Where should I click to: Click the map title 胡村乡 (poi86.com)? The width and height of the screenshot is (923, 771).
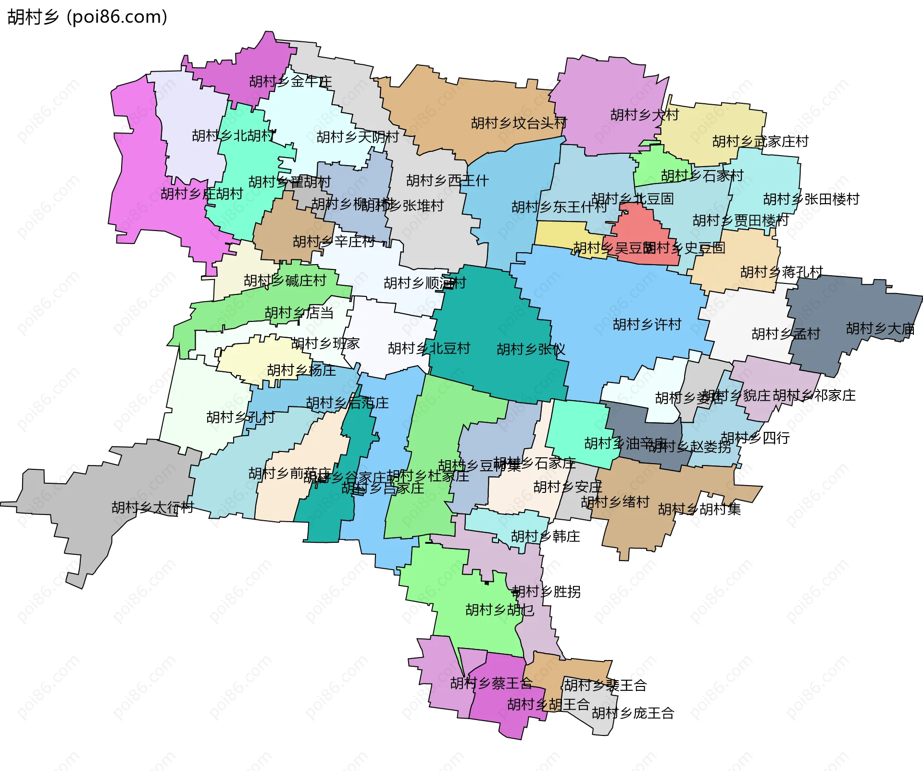[x=87, y=17]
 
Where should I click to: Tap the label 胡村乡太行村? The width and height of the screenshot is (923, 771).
[x=152, y=507]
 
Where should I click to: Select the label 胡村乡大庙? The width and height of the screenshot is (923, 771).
[x=880, y=329]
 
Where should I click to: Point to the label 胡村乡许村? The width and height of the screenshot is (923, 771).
[x=647, y=325]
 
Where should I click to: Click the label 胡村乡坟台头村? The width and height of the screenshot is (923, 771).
[x=519, y=123]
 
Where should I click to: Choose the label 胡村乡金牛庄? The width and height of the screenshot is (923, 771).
[x=290, y=82]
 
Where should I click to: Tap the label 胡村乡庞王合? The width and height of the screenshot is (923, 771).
[x=633, y=713]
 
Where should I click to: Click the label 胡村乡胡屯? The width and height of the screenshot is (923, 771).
[x=499, y=610]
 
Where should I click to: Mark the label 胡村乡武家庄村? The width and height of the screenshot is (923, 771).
[x=760, y=142]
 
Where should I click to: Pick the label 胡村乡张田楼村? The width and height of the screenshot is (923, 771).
[x=811, y=199]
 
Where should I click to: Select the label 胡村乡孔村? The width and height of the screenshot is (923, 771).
[x=240, y=417]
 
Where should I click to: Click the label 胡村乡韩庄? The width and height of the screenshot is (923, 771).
[x=545, y=537]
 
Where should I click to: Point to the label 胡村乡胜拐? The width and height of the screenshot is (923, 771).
[x=546, y=592]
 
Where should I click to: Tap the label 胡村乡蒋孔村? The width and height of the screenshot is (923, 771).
[x=781, y=272]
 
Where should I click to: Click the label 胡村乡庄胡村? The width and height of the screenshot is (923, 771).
[x=202, y=194]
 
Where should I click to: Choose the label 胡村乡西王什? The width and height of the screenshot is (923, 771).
[x=447, y=181]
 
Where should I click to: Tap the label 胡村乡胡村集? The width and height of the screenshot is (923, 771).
[x=699, y=509]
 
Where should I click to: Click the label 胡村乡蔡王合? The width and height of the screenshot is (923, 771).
[x=491, y=683]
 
